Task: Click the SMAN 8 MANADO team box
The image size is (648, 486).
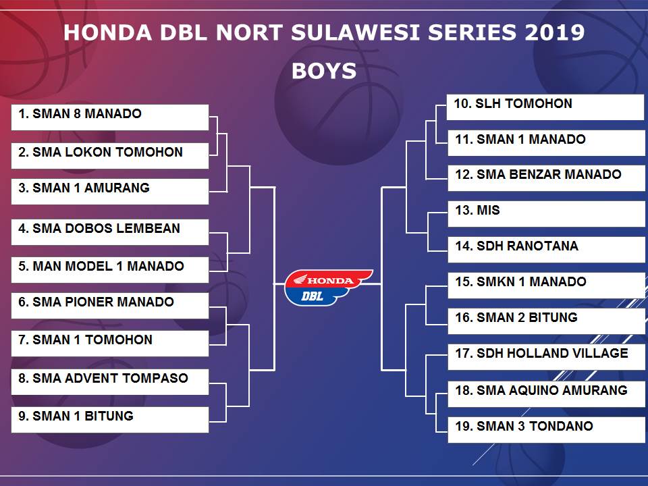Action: click(x=110, y=117)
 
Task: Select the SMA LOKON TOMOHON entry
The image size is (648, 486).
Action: click(x=110, y=156)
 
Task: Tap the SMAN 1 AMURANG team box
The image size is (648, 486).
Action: click(x=110, y=191)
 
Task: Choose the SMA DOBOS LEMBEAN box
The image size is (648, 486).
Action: click(x=110, y=232)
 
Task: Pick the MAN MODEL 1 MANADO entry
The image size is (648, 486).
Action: click(x=110, y=270)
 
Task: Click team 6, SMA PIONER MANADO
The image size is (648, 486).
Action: click(x=110, y=306)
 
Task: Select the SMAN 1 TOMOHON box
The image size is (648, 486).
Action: click(x=110, y=344)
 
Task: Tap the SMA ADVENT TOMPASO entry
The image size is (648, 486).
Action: click(x=110, y=382)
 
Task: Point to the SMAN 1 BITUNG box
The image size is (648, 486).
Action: click(x=110, y=420)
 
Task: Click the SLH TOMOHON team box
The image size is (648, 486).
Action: click(x=545, y=107)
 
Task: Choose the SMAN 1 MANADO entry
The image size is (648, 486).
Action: click(x=547, y=143)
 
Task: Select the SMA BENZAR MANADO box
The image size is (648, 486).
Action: click(x=547, y=178)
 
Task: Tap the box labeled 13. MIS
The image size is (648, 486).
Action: click(x=547, y=214)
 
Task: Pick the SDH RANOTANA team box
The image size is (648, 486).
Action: click(x=547, y=250)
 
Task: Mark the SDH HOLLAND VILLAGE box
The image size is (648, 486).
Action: click(x=547, y=357)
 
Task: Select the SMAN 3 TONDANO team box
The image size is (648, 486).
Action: click(x=547, y=430)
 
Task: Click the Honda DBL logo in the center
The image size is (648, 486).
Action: click(x=329, y=288)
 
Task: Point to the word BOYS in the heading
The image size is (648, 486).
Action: click(x=324, y=71)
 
